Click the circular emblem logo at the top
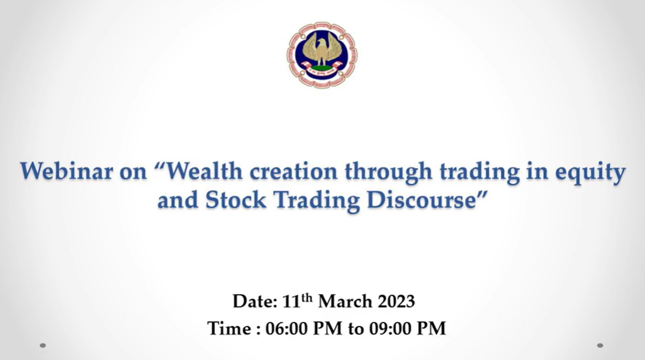coord(322,55)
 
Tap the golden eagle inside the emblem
coord(322,50)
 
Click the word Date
coord(255,302)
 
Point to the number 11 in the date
coord(291,302)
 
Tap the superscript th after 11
coord(306,298)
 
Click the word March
coord(345,302)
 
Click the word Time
coord(230,329)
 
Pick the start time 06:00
coord(286,329)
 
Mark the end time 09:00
coord(390,329)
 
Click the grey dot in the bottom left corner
coord(43,345)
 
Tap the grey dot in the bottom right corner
coord(600,345)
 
